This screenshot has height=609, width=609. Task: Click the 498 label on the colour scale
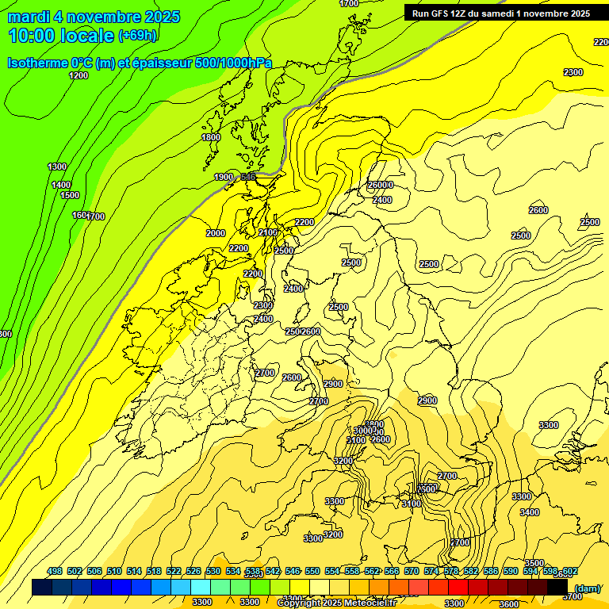coord(55,571)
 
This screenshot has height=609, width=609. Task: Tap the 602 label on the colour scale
coord(570,571)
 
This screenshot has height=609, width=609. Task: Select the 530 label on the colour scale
coord(213,571)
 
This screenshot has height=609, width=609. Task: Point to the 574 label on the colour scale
coord(431,571)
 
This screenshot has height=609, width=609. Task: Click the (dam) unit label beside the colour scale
coord(587,588)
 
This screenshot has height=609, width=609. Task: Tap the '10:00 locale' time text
coord(61,36)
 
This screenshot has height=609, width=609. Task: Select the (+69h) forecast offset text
coord(138,36)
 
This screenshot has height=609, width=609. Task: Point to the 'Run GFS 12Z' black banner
coord(500,13)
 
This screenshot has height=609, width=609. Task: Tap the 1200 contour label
coord(79,75)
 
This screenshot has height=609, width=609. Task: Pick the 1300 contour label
coord(57,167)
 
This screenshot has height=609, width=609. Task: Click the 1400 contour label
coord(61,185)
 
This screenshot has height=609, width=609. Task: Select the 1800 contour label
coord(211,137)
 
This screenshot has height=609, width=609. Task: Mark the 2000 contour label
coord(216,233)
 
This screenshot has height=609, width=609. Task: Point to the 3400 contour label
coord(530,512)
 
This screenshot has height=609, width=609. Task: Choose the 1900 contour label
coord(224,177)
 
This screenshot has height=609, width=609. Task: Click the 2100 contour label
coord(268,232)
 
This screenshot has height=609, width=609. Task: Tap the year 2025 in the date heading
coord(157,17)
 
